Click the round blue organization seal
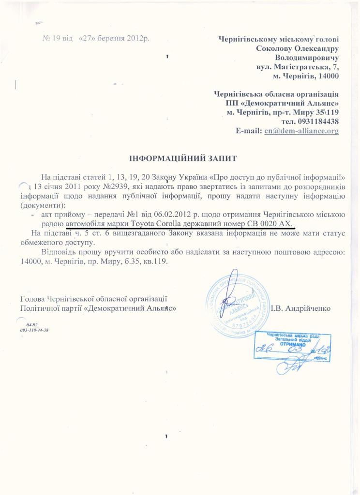(238, 300)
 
